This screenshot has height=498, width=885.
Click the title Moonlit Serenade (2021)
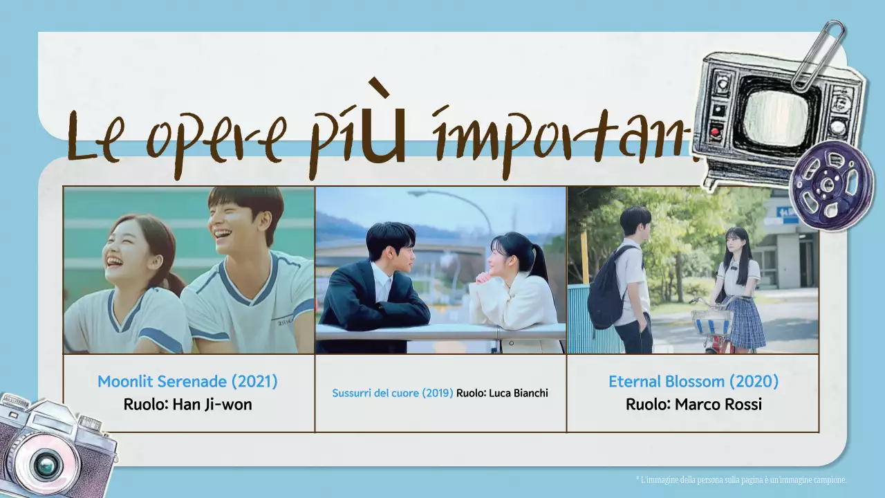pyautogui.click(x=187, y=381)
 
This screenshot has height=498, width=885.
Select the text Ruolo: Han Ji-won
pyautogui.click(x=187, y=404)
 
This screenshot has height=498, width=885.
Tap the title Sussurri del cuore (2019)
pyautogui.click(x=392, y=393)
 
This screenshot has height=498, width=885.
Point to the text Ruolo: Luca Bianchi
pyautogui.click(x=502, y=393)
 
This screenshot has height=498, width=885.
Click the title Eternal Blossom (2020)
pyautogui.click(x=693, y=381)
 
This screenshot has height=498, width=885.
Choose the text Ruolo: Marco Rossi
pyautogui.click(x=693, y=404)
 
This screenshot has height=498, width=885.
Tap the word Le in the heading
pyautogui.click(x=97, y=138)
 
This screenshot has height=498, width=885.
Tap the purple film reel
pyautogui.click(x=824, y=185)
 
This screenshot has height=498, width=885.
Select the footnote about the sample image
pyautogui.click(x=740, y=479)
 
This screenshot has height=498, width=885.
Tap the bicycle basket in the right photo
pyautogui.click(x=711, y=322)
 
